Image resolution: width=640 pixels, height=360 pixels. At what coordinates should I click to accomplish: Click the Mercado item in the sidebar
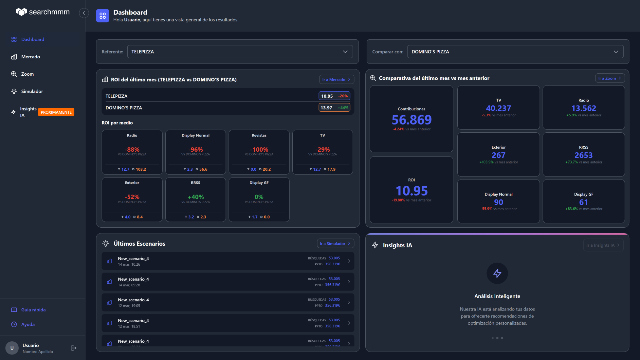tap(30, 57)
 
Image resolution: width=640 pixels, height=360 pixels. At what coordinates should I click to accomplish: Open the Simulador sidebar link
tap(32, 91)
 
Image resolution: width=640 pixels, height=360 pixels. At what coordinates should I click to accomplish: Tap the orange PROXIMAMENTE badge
tap(56, 112)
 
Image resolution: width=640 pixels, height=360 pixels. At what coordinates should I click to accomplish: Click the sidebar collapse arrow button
tap(84, 13)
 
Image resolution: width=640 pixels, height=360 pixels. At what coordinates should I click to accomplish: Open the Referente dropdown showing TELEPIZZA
tap(240, 52)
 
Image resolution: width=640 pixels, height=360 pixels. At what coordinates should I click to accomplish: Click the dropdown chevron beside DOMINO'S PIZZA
tap(616, 52)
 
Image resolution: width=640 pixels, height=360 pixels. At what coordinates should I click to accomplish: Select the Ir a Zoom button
tap(610, 78)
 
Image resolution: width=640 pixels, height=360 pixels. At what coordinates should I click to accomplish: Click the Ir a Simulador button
tap(335, 244)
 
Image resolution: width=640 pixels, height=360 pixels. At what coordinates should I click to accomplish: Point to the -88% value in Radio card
tap(132, 150)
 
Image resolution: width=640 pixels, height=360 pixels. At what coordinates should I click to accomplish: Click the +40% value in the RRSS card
tap(195, 197)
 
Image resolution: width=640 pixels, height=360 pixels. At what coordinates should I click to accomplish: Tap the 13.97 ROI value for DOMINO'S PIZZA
tap(326, 108)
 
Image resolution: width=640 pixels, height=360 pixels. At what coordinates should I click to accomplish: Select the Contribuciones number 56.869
tap(411, 120)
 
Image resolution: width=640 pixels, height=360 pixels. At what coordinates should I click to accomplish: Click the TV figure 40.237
tap(498, 108)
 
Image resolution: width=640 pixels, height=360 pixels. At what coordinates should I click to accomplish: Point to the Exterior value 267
tap(498, 155)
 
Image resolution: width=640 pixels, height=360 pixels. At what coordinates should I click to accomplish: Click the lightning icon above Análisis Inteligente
tap(497, 273)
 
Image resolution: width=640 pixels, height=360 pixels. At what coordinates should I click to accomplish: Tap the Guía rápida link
tap(33, 310)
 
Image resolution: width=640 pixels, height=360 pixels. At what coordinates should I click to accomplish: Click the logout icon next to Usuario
tap(74, 348)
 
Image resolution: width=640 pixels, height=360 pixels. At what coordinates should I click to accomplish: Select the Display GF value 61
tap(583, 202)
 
